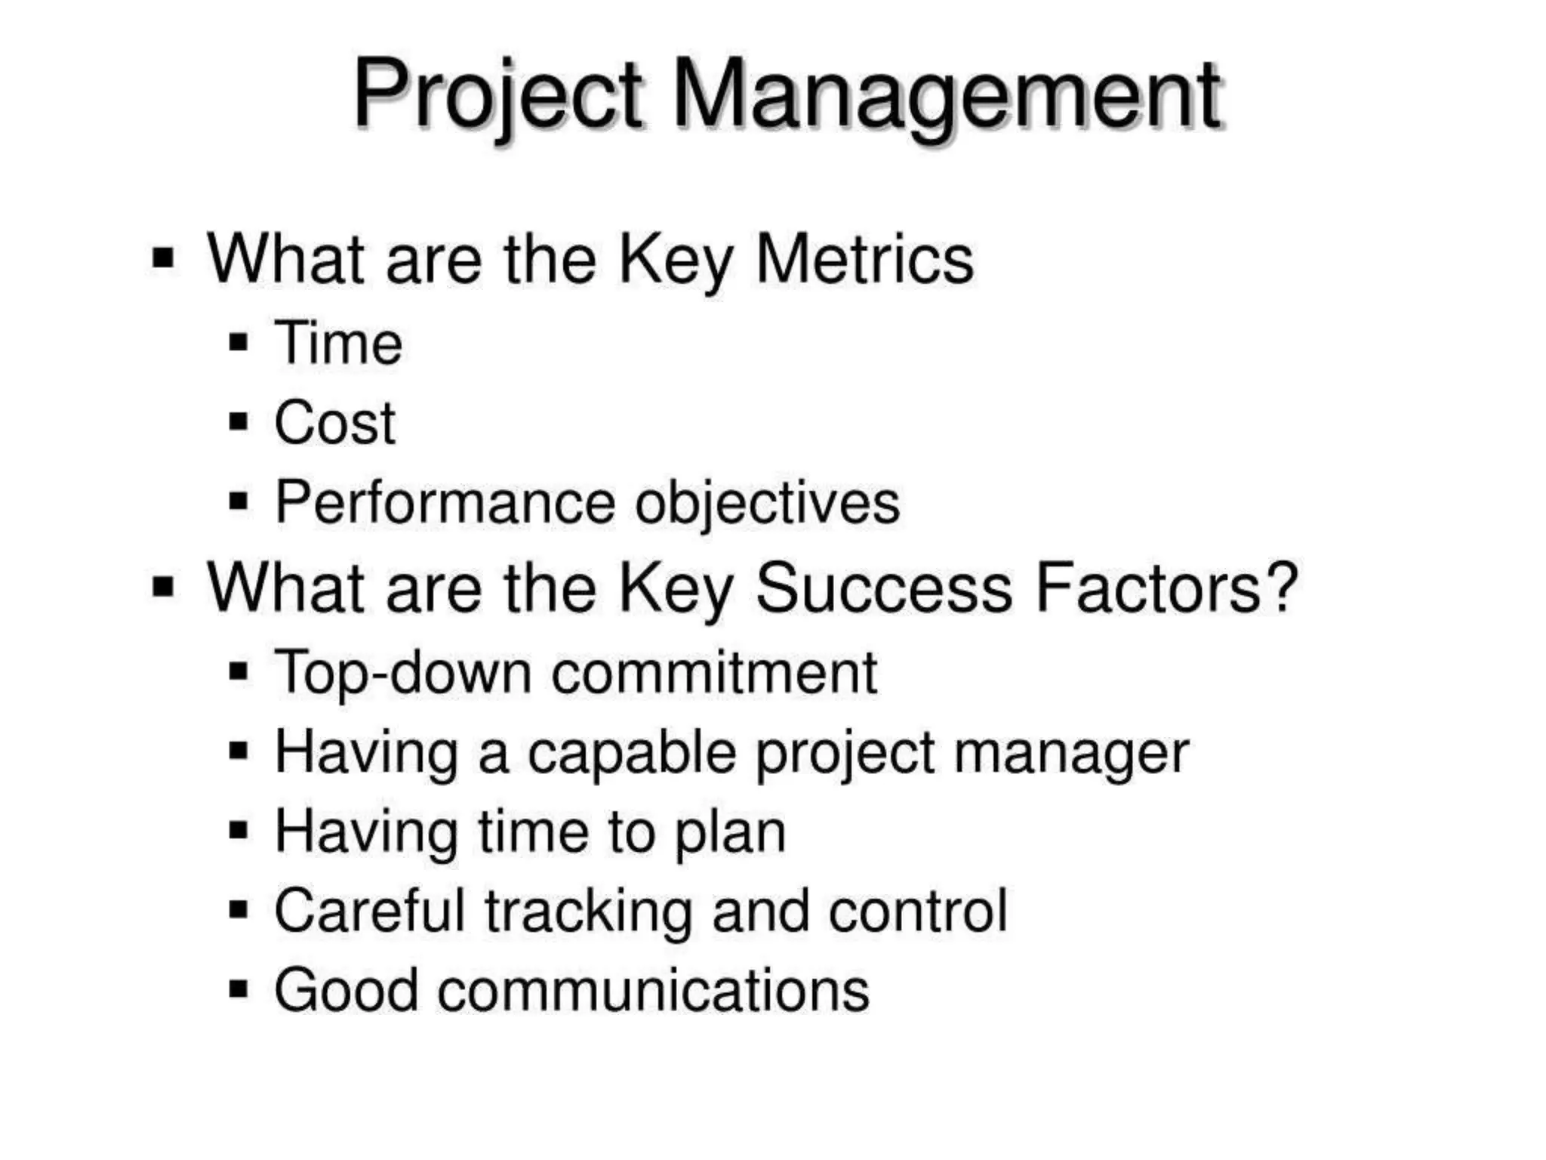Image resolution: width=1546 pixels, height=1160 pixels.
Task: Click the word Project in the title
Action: point(498,96)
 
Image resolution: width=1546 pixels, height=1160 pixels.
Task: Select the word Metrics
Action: point(864,259)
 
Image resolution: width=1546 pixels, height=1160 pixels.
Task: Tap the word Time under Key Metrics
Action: point(338,344)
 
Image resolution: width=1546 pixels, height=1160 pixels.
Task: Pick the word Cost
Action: point(334,423)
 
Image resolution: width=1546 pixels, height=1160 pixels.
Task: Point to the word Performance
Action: point(445,502)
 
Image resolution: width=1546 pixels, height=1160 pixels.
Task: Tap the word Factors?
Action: point(1166,588)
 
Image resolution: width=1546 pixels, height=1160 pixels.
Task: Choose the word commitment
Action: point(714,672)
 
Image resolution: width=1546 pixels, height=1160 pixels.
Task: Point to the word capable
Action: point(631,754)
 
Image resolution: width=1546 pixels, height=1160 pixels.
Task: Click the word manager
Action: point(1071,754)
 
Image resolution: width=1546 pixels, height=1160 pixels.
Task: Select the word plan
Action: point(729,833)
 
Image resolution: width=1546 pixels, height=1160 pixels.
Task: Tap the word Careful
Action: point(369,911)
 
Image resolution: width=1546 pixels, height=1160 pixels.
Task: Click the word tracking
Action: point(588,912)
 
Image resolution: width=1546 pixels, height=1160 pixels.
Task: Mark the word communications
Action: point(653,990)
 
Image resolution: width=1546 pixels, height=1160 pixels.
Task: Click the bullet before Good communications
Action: point(239,989)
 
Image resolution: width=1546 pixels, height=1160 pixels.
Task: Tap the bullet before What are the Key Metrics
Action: point(163,258)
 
